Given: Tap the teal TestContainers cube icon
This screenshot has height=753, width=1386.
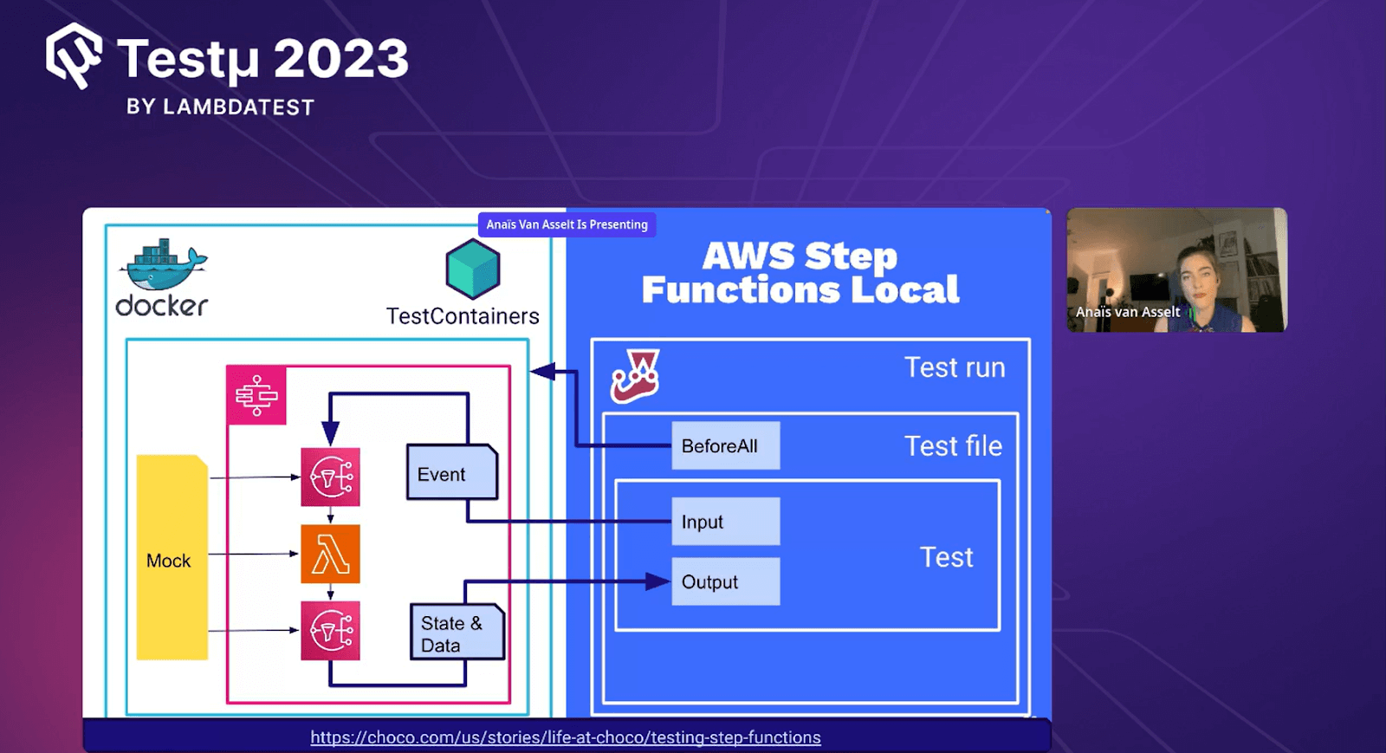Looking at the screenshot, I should coord(473,269).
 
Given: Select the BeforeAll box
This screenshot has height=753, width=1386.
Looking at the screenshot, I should coord(725,446).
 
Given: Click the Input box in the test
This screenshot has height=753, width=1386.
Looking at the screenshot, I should coord(725,522).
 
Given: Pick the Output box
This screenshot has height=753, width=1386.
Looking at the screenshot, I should coord(725,581).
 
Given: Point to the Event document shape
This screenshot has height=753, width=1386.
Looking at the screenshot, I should coord(451,473).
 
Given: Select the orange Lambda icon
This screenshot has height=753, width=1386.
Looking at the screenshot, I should coord(330,554).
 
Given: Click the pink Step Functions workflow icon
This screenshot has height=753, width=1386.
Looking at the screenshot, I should coord(256,395).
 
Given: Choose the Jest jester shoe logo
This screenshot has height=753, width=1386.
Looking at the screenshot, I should coord(636,376).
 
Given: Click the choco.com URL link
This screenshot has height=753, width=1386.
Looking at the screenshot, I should coord(565,737).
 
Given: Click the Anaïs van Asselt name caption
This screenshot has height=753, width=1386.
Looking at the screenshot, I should coord(1127,312).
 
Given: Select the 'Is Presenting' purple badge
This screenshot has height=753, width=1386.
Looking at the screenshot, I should coord(567,224).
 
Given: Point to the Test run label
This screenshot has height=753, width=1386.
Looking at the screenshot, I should coord(955,367).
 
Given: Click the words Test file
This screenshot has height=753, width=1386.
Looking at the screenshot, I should coord(953,446).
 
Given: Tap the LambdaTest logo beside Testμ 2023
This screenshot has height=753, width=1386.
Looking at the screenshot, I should coord(74,56).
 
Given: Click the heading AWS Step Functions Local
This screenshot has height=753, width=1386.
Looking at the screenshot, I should coord(800,272).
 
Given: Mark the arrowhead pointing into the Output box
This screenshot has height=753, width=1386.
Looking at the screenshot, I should coord(658,581).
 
